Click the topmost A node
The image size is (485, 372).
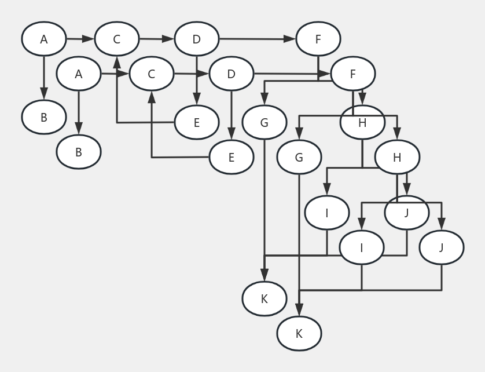44,39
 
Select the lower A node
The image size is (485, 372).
79,74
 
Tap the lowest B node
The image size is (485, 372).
79,152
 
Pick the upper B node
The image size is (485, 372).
44,118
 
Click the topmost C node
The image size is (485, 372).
117,39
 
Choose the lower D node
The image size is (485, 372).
232,74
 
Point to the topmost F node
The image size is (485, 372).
318,39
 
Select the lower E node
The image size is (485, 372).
232,157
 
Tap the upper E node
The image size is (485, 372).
197,123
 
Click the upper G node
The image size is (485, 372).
264,123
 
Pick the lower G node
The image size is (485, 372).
299,157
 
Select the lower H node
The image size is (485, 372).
397,157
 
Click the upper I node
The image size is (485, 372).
327,213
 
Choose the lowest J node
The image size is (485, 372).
442,247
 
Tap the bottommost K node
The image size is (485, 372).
299,334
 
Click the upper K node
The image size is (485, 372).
264,299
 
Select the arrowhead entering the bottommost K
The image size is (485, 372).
299,311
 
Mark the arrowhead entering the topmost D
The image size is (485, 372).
168,39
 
